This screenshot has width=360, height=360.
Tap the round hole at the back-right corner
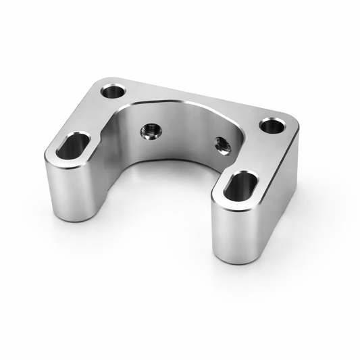272,126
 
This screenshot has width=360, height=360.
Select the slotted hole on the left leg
73,145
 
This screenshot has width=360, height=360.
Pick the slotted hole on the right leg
240,186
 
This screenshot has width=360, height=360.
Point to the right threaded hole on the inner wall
222,143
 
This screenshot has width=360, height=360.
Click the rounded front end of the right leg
233,233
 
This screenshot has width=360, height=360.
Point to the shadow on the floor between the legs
162,203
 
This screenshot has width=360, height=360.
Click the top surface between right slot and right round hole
260,155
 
